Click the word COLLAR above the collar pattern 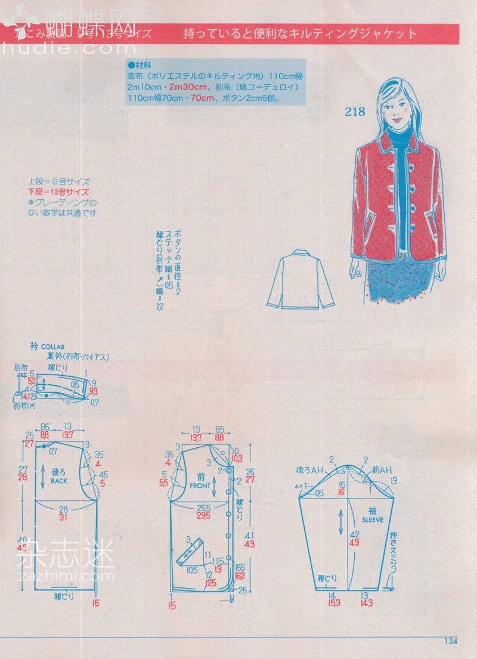pyautogui.click(x=52, y=346)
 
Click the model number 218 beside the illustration pyautogui.click(x=354, y=112)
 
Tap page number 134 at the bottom pyautogui.click(x=450, y=641)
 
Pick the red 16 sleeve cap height pyautogui.click(x=342, y=493)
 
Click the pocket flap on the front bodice pyautogui.click(x=190, y=552)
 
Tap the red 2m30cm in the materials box pyautogui.click(x=185, y=86)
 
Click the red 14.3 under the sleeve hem pyautogui.click(x=367, y=603)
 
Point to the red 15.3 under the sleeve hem pyautogui.click(x=333, y=603)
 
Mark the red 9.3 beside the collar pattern pyautogui.click(x=94, y=391)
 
